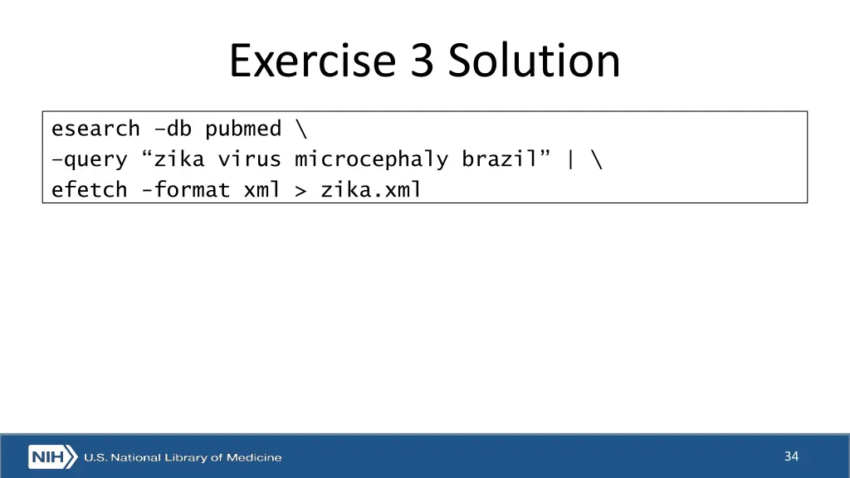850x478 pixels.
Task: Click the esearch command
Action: (x=95, y=129)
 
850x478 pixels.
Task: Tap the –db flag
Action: (x=173, y=129)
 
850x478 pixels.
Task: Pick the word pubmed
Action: (x=243, y=130)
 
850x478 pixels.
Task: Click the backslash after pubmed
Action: (x=300, y=129)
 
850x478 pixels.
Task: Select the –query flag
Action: (x=89, y=159)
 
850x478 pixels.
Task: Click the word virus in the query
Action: (x=249, y=159)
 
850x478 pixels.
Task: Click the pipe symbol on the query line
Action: (x=570, y=159)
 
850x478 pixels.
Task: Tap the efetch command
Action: (x=89, y=190)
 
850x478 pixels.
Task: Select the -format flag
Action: (x=185, y=190)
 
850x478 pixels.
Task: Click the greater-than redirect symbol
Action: (x=300, y=191)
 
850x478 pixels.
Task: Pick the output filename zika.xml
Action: (x=371, y=190)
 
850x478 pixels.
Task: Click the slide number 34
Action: (x=791, y=456)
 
